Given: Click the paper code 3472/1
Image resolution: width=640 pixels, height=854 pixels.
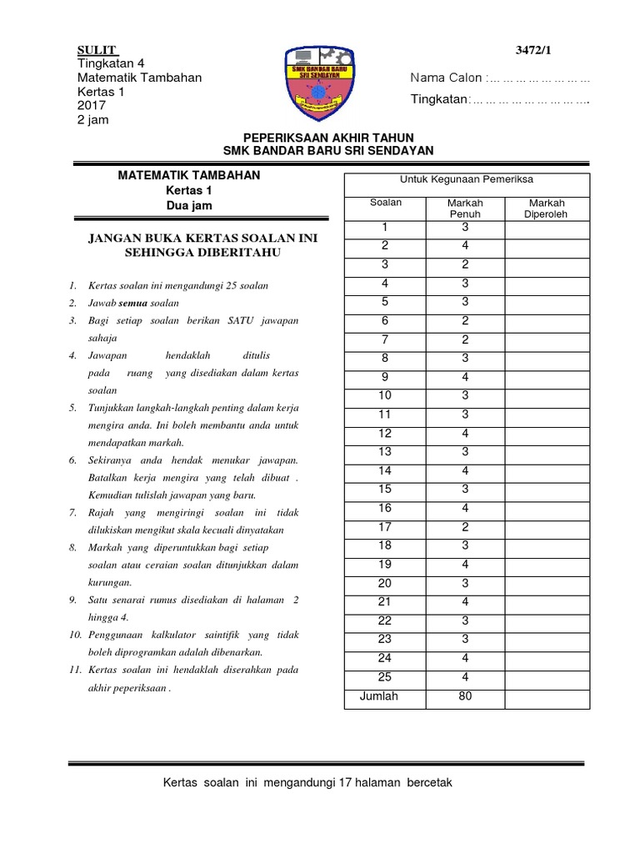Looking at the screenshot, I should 533,51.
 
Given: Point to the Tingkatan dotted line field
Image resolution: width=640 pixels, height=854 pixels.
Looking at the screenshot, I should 530,101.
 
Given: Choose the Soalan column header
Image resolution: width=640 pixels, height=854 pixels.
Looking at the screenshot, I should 385,203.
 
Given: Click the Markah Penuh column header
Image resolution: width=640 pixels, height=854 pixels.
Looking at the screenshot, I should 465,208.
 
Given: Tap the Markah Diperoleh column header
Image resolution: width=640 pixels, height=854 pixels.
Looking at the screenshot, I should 547,208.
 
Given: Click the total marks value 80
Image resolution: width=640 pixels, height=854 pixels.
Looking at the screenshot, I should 465,696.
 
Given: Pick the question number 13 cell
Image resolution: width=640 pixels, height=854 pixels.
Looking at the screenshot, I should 385,451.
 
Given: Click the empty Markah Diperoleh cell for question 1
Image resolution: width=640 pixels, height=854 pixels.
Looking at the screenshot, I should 547,228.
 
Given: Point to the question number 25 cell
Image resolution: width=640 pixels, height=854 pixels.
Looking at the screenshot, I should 385,676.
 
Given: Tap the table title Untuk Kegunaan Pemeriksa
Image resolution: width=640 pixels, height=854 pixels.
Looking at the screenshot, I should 467,180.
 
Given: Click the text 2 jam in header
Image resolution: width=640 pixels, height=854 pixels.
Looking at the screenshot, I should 92,119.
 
